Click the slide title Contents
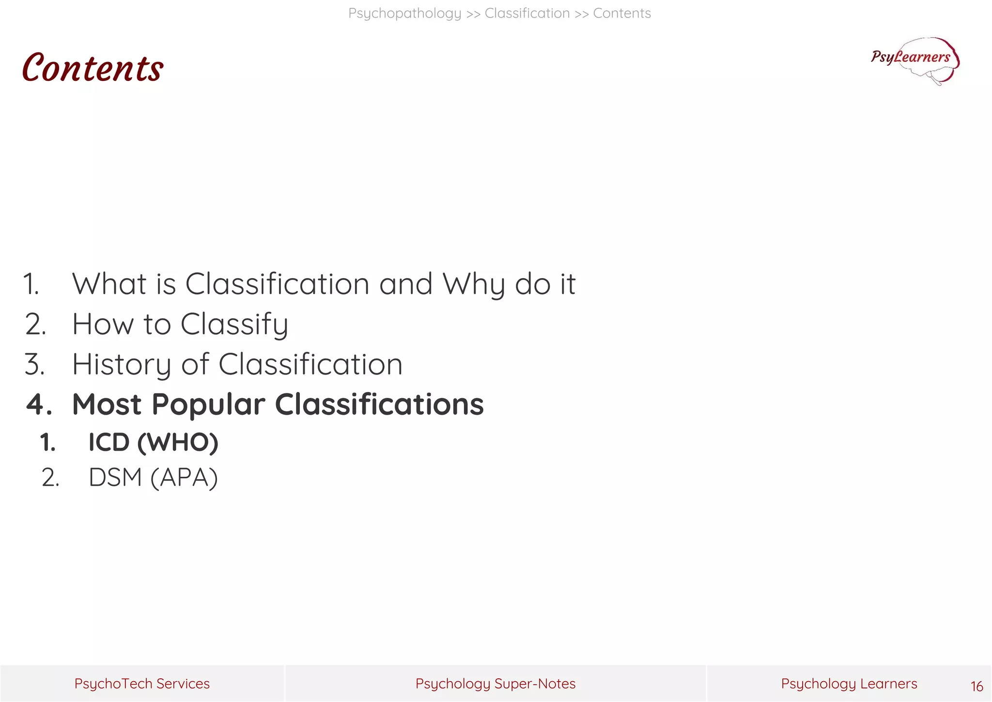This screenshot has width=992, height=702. [x=93, y=68]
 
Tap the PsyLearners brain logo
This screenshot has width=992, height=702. [x=915, y=61]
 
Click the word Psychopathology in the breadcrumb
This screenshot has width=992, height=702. [x=404, y=14]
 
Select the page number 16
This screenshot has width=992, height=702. [x=976, y=686]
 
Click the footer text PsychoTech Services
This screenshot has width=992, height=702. [x=142, y=684]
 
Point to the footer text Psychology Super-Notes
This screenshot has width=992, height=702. [x=496, y=684]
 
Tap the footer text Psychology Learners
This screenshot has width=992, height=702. [x=849, y=684]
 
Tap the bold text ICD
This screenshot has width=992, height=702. [x=109, y=442]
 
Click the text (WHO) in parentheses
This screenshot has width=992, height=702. [x=178, y=442]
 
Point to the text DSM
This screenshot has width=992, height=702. [x=115, y=478]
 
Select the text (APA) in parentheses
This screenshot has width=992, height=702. [x=184, y=478]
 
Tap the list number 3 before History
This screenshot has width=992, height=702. [x=34, y=364]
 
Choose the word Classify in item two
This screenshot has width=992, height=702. [x=234, y=325]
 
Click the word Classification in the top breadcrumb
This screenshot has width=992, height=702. [x=527, y=14]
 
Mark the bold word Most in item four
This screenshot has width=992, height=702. [x=107, y=405]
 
